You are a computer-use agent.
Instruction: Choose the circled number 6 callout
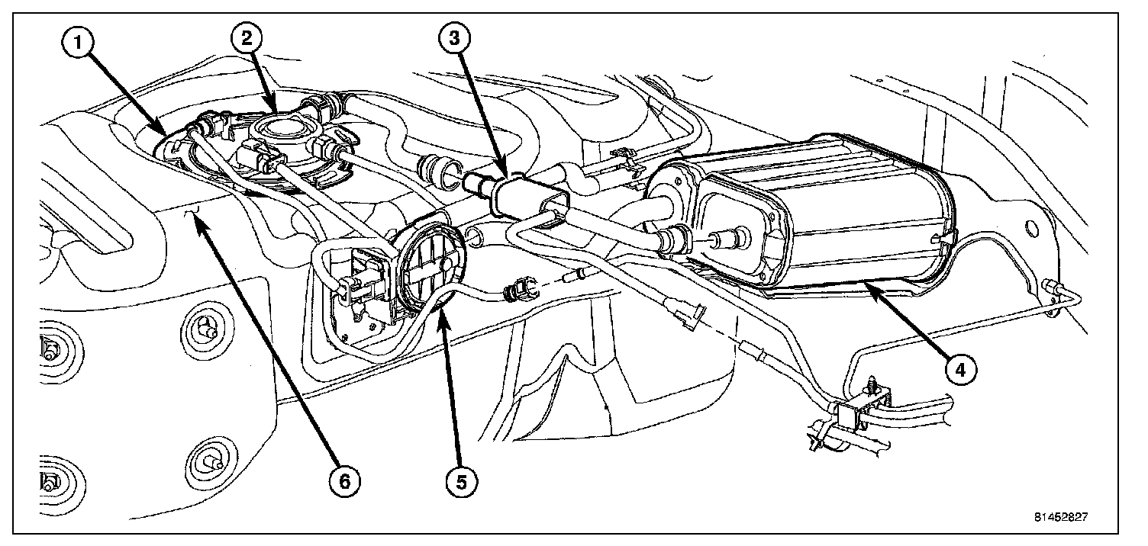pos(343,480)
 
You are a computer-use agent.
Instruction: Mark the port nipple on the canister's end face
pos(721,237)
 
